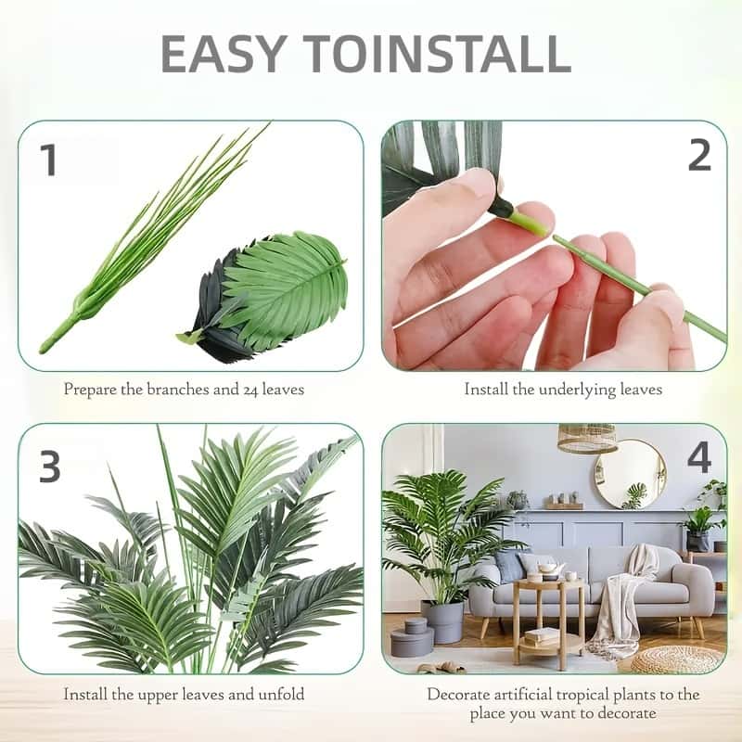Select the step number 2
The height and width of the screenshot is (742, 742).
tap(698, 156)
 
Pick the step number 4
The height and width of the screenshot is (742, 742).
tap(698, 458)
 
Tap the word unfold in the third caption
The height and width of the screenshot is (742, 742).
tap(280, 694)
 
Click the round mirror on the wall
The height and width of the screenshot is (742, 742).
tap(630, 474)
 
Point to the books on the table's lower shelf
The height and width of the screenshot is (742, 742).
tap(542, 636)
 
